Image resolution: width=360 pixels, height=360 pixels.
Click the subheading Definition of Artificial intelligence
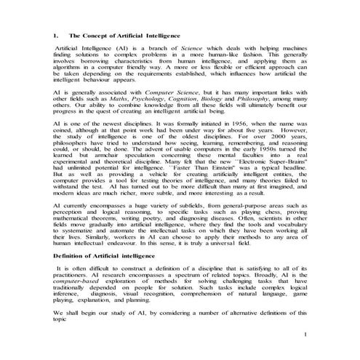[104, 257]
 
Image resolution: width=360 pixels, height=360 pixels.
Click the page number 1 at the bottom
[306, 334]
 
